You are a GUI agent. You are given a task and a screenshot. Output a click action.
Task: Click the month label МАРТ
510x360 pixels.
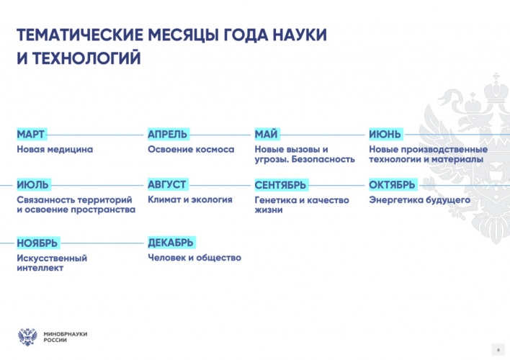tap(30, 134)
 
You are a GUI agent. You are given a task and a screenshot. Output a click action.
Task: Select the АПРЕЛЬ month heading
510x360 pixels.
tap(168, 134)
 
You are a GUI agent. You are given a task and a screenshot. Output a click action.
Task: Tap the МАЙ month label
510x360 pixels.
tap(266, 134)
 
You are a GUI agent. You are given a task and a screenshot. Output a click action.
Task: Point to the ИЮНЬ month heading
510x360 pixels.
tap(385, 134)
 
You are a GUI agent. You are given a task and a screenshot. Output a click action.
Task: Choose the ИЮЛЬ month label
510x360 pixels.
tap(32, 185)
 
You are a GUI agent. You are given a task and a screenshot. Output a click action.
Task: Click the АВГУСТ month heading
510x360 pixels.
tap(167, 184)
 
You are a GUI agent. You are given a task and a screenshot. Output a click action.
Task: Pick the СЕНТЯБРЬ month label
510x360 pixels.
tap(280, 185)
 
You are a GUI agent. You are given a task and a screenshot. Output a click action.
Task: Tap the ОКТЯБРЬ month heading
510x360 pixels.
tap(393, 185)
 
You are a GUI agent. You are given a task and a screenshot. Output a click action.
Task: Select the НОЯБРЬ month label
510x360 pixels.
tap(37, 243)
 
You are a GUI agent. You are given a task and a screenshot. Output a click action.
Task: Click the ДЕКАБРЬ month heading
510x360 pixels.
tap(171, 243)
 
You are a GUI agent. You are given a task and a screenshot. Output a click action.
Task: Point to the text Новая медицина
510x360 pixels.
tap(55, 149)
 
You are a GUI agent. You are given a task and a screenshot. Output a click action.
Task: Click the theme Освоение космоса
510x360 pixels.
tap(191, 149)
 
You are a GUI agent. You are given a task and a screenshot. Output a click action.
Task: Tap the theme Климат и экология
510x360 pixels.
tap(190, 199)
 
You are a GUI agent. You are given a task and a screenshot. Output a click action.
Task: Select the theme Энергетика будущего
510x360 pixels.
tap(419, 199)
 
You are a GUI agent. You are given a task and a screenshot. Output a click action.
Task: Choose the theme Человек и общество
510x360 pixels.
tap(194, 258)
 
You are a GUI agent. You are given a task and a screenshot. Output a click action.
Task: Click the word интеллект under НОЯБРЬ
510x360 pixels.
tap(40, 268)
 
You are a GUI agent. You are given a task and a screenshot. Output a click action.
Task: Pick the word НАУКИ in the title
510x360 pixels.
tap(299, 35)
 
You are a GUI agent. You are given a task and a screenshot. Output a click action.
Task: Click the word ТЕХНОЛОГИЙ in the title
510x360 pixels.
tap(86, 58)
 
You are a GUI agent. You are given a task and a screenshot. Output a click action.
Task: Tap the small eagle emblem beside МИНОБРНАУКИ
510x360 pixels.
tap(27, 337)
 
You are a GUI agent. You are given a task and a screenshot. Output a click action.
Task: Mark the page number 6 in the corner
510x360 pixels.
tap(498, 350)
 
